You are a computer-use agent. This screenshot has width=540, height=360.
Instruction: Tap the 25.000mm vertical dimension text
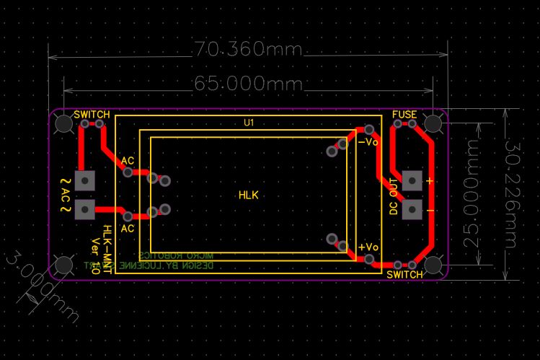pyautogui.click(x=473, y=193)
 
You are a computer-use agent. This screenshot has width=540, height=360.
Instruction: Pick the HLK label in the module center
pyautogui.click(x=249, y=195)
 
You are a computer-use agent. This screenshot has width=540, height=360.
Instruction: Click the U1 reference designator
pyautogui.click(x=249, y=123)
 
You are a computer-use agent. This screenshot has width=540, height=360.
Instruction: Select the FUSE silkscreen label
pyautogui.click(x=404, y=115)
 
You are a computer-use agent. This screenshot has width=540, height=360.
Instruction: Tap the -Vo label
pyautogui.click(x=368, y=142)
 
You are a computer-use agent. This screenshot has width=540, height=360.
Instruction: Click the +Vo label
pyautogui.click(x=368, y=247)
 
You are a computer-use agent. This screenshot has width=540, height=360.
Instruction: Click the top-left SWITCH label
pyautogui.click(x=92, y=115)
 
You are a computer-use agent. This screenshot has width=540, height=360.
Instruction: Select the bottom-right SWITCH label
pyautogui.click(x=404, y=275)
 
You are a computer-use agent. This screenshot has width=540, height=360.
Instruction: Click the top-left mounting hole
pyautogui.click(x=64, y=123)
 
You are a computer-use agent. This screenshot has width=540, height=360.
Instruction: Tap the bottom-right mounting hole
pyautogui.click(x=433, y=265)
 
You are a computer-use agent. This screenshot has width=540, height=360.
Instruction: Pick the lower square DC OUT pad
pyautogui.click(x=412, y=209)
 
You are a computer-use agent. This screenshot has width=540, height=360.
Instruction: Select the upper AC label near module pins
pyautogui.click(x=127, y=160)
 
